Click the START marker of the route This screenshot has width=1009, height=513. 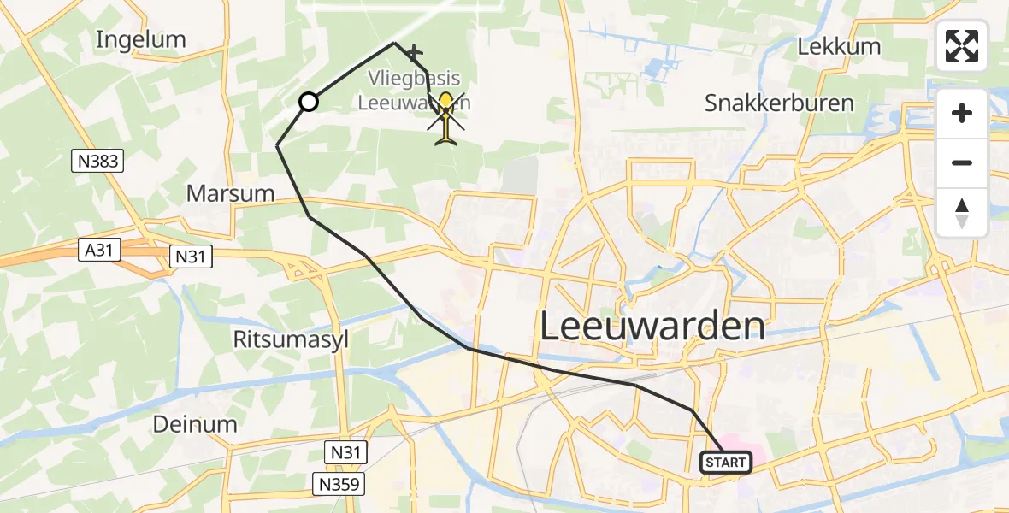[x=726, y=463]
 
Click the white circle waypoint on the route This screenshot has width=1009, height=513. [x=309, y=103]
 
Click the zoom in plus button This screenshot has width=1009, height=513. [x=962, y=114]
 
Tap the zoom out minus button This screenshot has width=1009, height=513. [x=962, y=162]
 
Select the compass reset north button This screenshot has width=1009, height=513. [x=962, y=212]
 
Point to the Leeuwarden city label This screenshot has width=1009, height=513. [x=652, y=326]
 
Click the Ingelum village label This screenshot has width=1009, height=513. [x=141, y=39]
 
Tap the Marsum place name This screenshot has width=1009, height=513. [x=230, y=193]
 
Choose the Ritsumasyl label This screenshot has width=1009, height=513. [x=290, y=339]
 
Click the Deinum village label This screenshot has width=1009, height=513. [x=195, y=424]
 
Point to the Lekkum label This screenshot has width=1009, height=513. [x=839, y=47]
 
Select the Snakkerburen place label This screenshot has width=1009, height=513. [x=779, y=103]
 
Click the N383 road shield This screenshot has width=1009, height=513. [x=97, y=160]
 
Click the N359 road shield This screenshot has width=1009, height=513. [x=345, y=483]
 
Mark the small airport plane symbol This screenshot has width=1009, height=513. [x=415, y=54]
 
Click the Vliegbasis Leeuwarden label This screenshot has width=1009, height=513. [x=419, y=91]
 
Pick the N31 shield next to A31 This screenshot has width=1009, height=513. [x=192, y=255]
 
